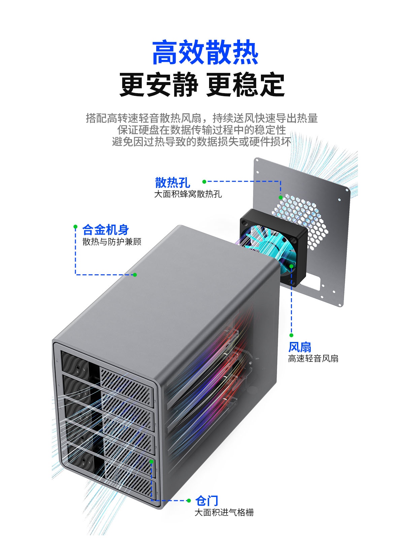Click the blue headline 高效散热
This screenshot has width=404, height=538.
tap(205, 53)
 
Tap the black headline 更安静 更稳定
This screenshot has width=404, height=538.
tap(202, 85)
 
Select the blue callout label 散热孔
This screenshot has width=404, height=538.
tap(172, 183)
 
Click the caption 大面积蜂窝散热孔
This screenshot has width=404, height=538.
tap(188, 194)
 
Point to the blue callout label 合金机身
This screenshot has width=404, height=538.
tap(105, 230)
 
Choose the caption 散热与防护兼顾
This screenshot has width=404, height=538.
tap(112, 242)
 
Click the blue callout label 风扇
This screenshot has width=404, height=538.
tap(300, 347)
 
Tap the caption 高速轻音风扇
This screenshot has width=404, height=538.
tap(313, 359)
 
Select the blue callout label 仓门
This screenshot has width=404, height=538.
tap(207, 501)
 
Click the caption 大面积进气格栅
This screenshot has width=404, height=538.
tap(224, 512)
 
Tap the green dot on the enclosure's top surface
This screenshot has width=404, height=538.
tap(135, 275)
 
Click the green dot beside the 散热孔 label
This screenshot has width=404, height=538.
tap(204, 182)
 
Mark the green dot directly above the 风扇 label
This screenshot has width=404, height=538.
tap(291, 335)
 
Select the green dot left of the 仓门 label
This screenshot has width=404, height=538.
tap(189, 501)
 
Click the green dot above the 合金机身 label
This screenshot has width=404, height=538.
tap(76, 226)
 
